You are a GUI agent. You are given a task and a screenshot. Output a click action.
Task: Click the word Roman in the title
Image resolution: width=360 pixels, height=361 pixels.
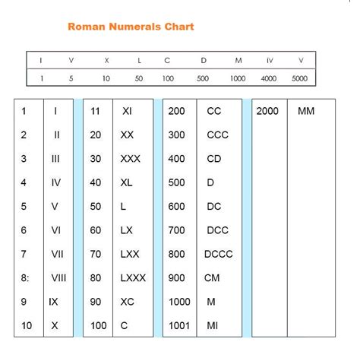(85, 27)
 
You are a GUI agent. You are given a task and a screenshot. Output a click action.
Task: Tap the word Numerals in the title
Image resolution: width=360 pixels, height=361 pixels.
(134, 27)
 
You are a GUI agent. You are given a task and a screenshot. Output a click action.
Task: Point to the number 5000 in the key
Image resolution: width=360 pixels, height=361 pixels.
(300, 78)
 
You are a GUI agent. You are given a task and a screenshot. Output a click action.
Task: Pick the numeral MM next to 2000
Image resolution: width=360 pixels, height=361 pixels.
(306, 111)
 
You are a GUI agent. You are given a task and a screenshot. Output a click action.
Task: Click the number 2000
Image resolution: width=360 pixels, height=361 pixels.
(267, 111)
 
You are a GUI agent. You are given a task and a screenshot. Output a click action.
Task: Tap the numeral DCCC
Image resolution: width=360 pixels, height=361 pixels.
(219, 255)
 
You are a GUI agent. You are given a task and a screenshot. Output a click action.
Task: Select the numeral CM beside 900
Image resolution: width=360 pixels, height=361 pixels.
(212, 278)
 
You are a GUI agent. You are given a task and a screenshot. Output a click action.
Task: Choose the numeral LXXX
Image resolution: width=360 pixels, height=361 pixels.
(133, 278)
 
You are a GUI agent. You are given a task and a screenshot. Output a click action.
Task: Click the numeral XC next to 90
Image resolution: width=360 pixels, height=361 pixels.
(128, 302)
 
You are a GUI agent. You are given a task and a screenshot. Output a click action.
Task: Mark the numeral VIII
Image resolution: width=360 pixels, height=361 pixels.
(58, 278)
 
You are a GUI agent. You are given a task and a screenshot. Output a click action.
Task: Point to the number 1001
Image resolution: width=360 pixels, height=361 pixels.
(179, 326)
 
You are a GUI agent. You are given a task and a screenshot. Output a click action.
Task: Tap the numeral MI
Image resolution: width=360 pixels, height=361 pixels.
(212, 326)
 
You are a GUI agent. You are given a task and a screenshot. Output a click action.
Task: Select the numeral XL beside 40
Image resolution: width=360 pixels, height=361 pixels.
(127, 182)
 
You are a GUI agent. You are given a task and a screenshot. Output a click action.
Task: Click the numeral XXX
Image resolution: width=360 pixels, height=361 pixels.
(130, 159)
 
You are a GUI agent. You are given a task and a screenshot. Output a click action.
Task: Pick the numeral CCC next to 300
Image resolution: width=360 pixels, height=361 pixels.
(216, 135)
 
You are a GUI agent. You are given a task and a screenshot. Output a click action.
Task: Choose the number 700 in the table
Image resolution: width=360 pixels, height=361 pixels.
(176, 230)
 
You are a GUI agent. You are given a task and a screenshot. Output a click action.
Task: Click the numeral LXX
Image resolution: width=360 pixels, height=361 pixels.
(130, 255)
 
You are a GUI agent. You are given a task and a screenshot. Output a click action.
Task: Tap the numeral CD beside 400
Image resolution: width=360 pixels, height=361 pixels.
(213, 159)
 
